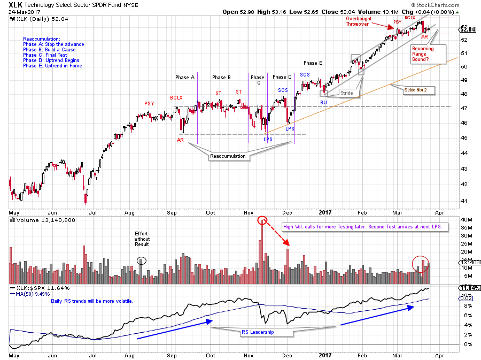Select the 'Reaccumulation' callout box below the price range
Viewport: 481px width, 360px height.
[x=228, y=156]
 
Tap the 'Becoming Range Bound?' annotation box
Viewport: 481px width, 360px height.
[x=423, y=54]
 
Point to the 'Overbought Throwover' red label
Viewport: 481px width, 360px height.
[x=358, y=21]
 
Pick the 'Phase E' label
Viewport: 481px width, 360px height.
[x=313, y=63]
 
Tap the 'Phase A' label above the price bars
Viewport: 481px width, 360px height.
[x=185, y=78]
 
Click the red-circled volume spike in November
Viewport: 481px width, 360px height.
[x=262, y=220]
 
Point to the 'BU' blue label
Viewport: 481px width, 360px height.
[x=323, y=102]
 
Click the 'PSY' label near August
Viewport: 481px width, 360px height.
[x=149, y=103]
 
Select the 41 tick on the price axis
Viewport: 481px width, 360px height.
[x=463, y=201]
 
